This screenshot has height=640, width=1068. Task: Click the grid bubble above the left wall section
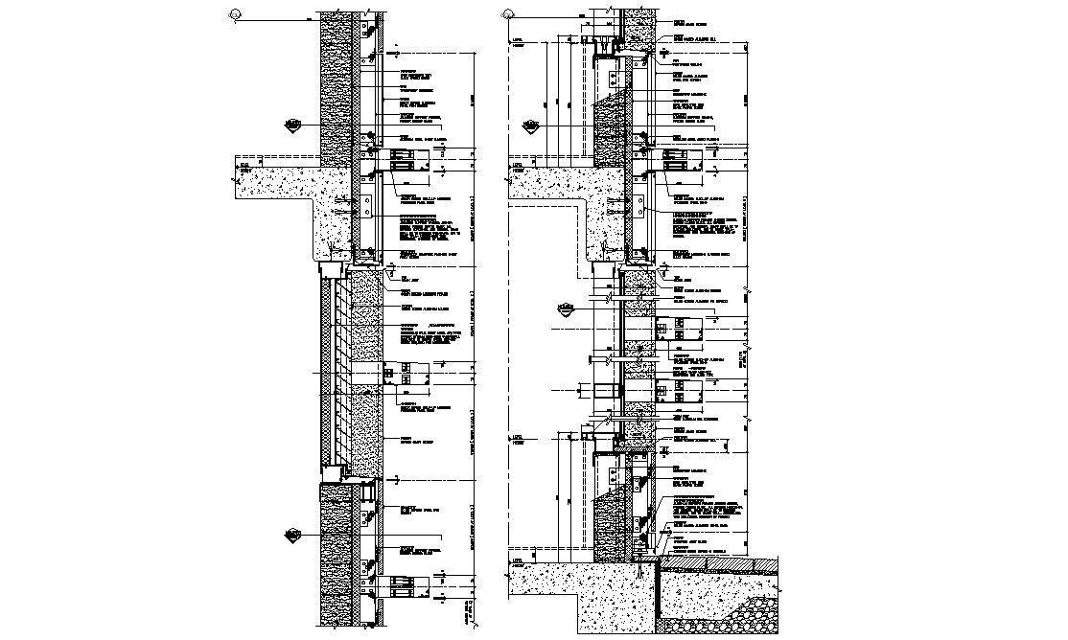pyautogui.click(x=236, y=13)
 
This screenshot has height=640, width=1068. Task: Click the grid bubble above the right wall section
pyautogui.click(x=508, y=13)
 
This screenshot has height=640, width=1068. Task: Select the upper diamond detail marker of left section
pyautogui.click(x=293, y=125)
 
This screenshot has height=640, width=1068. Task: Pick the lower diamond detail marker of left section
pyautogui.click(x=293, y=534)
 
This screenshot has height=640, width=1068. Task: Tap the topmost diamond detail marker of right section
pyautogui.click(x=530, y=125)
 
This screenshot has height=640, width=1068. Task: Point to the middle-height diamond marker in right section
pyautogui.click(x=566, y=309)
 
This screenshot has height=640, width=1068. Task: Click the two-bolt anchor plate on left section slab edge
pyautogui.click(x=365, y=205)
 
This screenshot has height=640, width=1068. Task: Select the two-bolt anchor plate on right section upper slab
pyautogui.click(x=634, y=205)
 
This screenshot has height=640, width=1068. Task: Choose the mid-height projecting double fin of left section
pyautogui.click(x=403, y=374)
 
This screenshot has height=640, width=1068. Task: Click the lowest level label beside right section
pyautogui.click(x=518, y=562)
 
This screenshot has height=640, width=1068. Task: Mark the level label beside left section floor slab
pyautogui.click(x=244, y=167)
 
